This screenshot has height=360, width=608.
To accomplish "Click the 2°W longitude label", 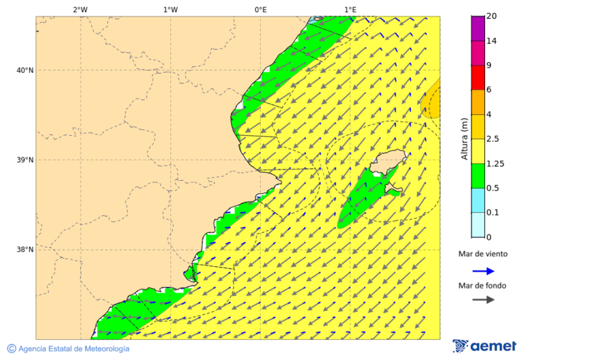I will pyautogui.click(x=80, y=9).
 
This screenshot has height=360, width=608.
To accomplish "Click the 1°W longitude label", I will pyautogui.click(x=170, y=9).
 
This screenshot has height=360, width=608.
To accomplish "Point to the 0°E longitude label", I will pyautogui.click(x=260, y=9).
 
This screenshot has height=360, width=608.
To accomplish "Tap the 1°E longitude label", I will pyautogui.click(x=351, y=9).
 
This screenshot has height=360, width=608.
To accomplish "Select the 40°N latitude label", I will pyautogui.click(x=25, y=70).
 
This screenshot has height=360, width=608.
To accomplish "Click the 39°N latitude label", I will pyautogui.click(x=25, y=160).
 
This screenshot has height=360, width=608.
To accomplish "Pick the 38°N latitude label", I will pyautogui.click(x=25, y=250).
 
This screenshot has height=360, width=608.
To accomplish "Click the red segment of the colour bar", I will pyautogui.click(x=478, y=78).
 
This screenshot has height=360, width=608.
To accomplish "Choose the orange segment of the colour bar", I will pyautogui.click(x=478, y=102).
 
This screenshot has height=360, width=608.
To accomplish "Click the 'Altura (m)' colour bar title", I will pyautogui.click(x=464, y=138).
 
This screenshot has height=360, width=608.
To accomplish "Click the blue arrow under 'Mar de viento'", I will pyautogui.click(x=483, y=272).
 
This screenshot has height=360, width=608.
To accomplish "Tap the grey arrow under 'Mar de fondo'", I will pyautogui.click(x=483, y=300).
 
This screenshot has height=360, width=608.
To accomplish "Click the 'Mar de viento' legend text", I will pyautogui.click(x=482, y=255).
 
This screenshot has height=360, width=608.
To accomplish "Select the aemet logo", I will pyautogui.click(x=484, y=346).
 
